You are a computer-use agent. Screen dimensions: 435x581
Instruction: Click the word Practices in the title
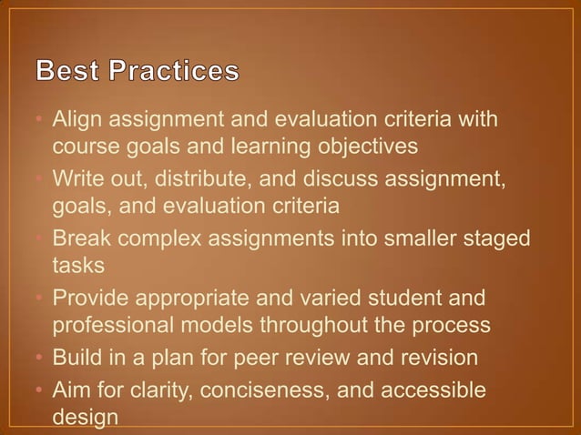(178, 71)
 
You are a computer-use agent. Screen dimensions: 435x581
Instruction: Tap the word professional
(106, 325)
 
